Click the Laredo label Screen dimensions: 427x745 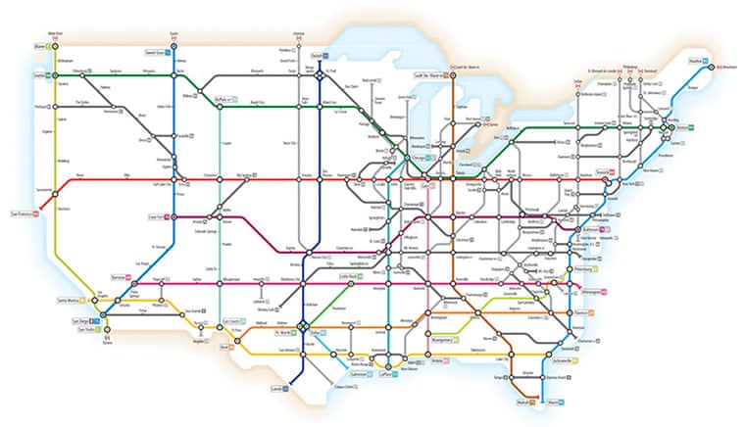[275, 388]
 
